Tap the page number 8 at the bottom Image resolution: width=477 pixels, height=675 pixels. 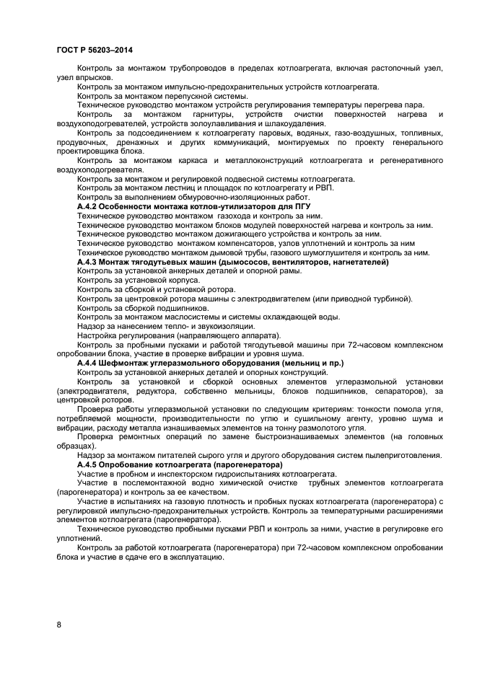58,625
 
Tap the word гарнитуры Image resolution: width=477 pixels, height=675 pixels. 214,114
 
